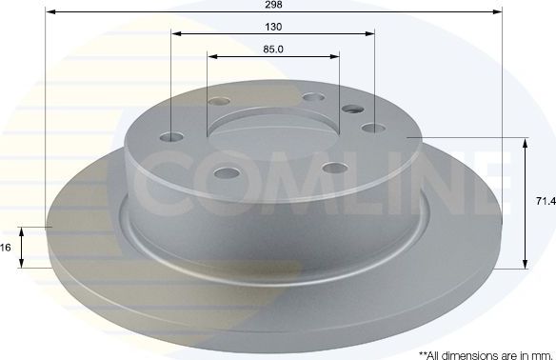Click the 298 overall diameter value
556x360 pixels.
[x=273, y=4]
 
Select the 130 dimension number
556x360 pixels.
[x=273, y=26]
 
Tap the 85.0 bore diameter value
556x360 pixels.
[x=273, y=49]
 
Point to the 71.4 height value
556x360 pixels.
[x=545, y=203]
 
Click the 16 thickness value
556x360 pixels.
[x=6, y=248]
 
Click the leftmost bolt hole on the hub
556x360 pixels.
[x=170, y=136]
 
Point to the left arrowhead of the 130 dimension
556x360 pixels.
[x=176, y=34]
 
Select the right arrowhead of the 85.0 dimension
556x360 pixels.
[x=334, y=57]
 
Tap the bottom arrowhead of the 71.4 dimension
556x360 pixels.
[x=525, y=264]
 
